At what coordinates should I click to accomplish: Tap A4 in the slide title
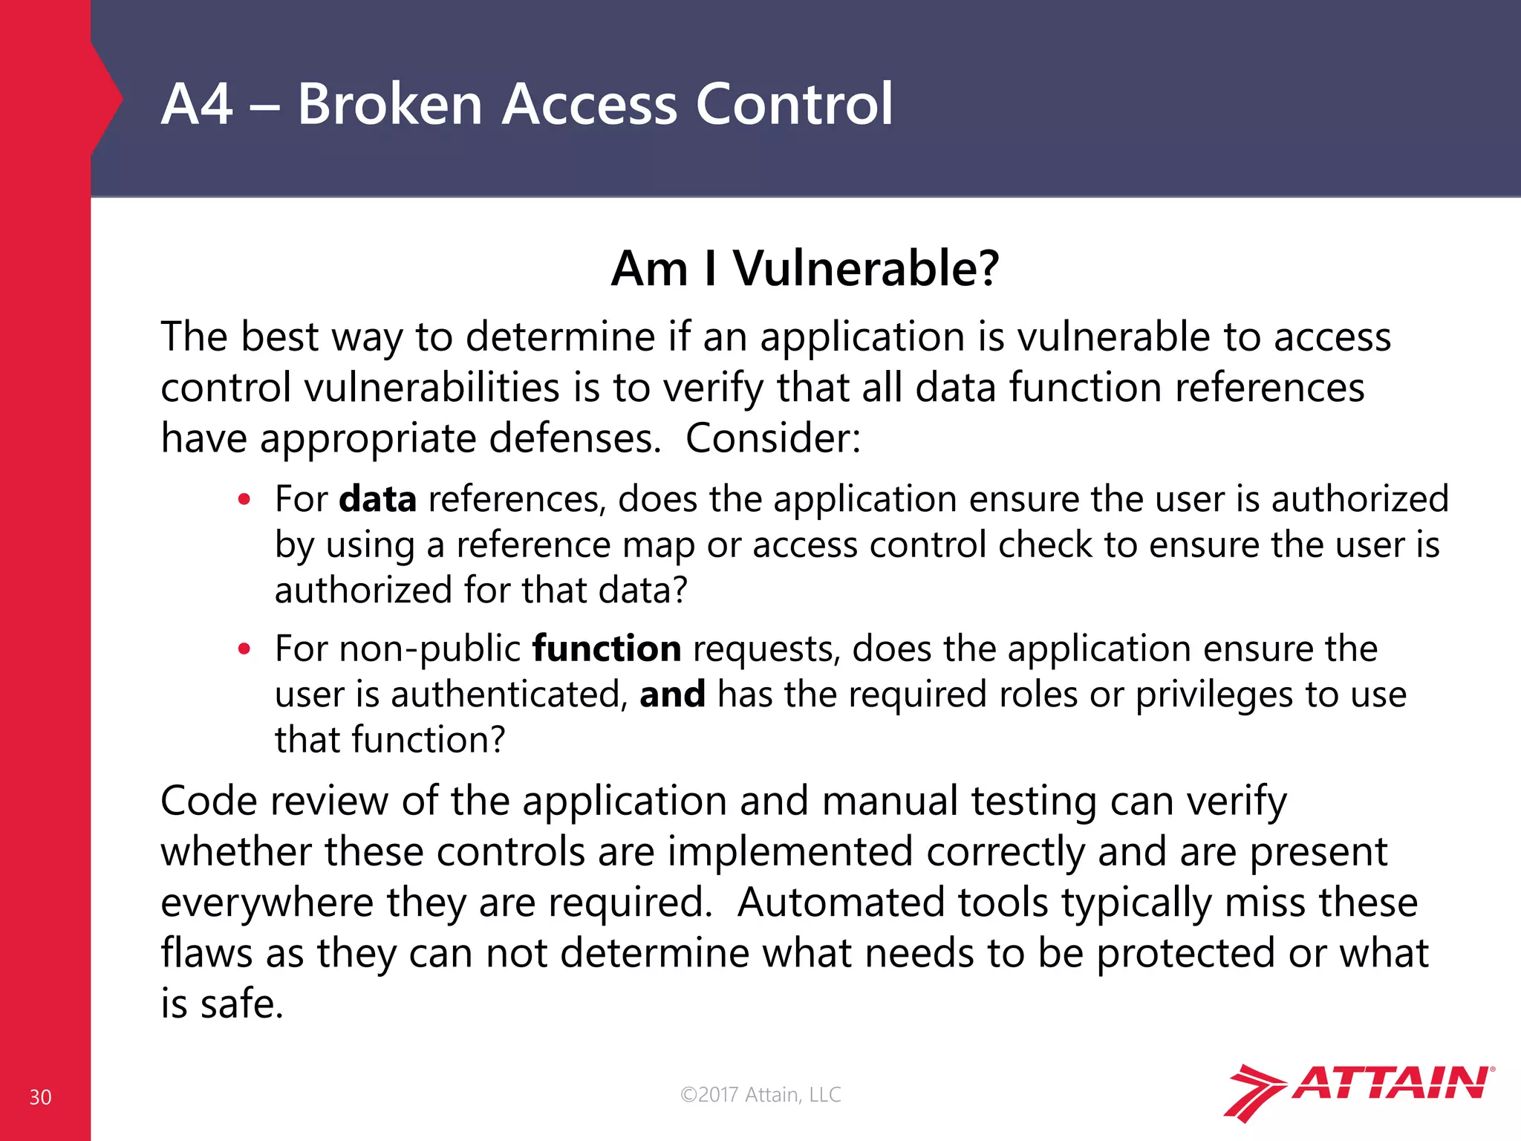coord(197,104)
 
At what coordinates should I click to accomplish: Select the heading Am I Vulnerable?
coord(805,268)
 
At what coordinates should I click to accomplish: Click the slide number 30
coord(40,1097)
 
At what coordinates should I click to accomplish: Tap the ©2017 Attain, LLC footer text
coord(760,1094)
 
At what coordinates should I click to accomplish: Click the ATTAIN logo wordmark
coord(1392,1084)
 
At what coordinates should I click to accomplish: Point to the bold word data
coord(377,498)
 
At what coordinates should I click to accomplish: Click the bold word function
coord(607,648)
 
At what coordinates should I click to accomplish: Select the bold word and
coord(672,695)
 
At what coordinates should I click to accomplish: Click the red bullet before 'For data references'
coord(244,500)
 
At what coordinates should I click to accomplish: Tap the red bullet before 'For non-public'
coord(244,650)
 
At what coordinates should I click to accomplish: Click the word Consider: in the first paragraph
coord(772,438)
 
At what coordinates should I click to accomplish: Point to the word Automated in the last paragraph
coord(840,903)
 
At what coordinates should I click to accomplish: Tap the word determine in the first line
coord(560,337)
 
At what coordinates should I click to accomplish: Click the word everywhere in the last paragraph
coord(267,903)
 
